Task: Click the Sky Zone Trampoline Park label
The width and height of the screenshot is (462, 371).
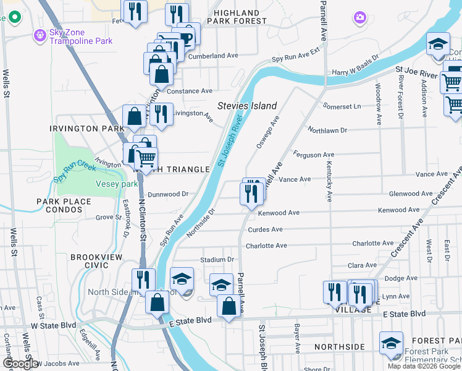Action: [81, 36]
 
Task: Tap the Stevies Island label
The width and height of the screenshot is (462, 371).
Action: [246, 106]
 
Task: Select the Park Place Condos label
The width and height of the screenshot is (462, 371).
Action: [64, 206]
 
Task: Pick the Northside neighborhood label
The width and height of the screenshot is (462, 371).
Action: [339, 347]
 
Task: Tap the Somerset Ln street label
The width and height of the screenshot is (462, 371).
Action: [341, 106]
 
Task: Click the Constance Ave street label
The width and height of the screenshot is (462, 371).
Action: [190, 91]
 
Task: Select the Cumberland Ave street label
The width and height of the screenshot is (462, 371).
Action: [214, 56]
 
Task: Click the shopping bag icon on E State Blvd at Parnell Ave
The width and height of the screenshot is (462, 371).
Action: [229, 306]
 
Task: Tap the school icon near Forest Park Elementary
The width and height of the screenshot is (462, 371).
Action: [391, 343]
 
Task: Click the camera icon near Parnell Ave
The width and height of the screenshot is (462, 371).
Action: [359, 18]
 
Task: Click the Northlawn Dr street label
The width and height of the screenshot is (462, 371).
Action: [328, 130]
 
